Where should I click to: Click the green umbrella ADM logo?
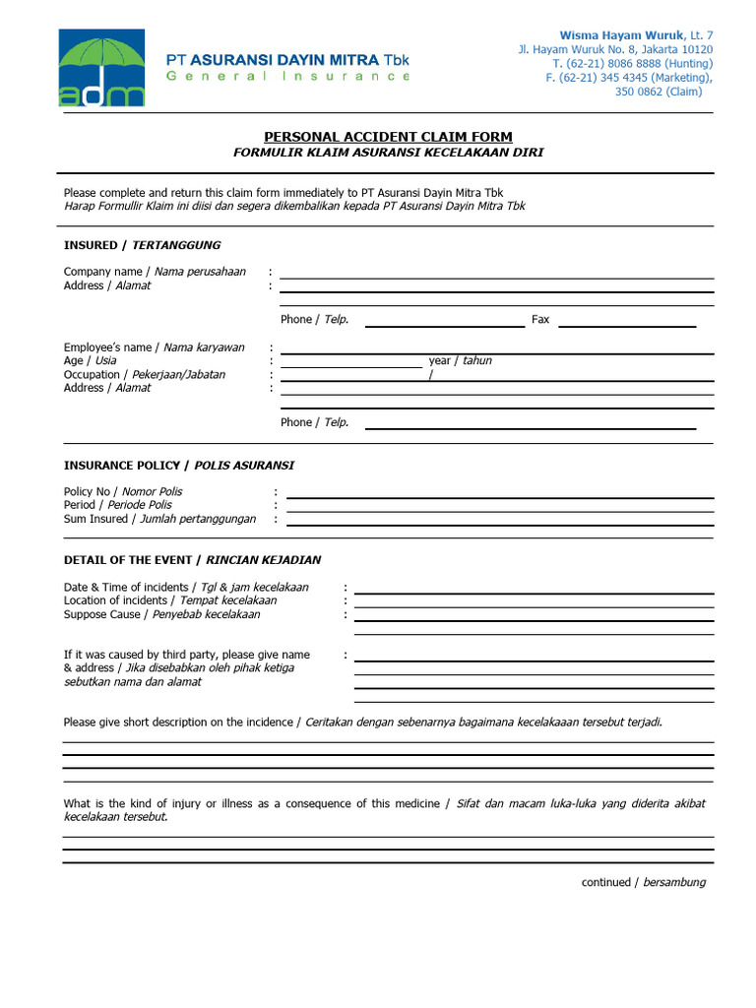click(101, 67)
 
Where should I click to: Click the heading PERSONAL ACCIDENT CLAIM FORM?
click(388, 137)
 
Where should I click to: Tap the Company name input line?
click(496, 276)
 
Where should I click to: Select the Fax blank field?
click(627, 323)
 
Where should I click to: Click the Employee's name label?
click(155, 347)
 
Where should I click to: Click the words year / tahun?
click(460, 361)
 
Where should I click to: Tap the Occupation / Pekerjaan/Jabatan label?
click(145, 375)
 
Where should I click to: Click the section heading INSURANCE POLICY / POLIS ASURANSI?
click(179, 465)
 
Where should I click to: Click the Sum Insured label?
click(159, 519)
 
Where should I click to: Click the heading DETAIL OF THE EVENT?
click(192, 560)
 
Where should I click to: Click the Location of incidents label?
click(170, 600)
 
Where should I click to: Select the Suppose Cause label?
click(162, 614)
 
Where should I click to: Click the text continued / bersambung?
click(643, 882)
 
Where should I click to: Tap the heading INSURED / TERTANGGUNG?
click(143, 245)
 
